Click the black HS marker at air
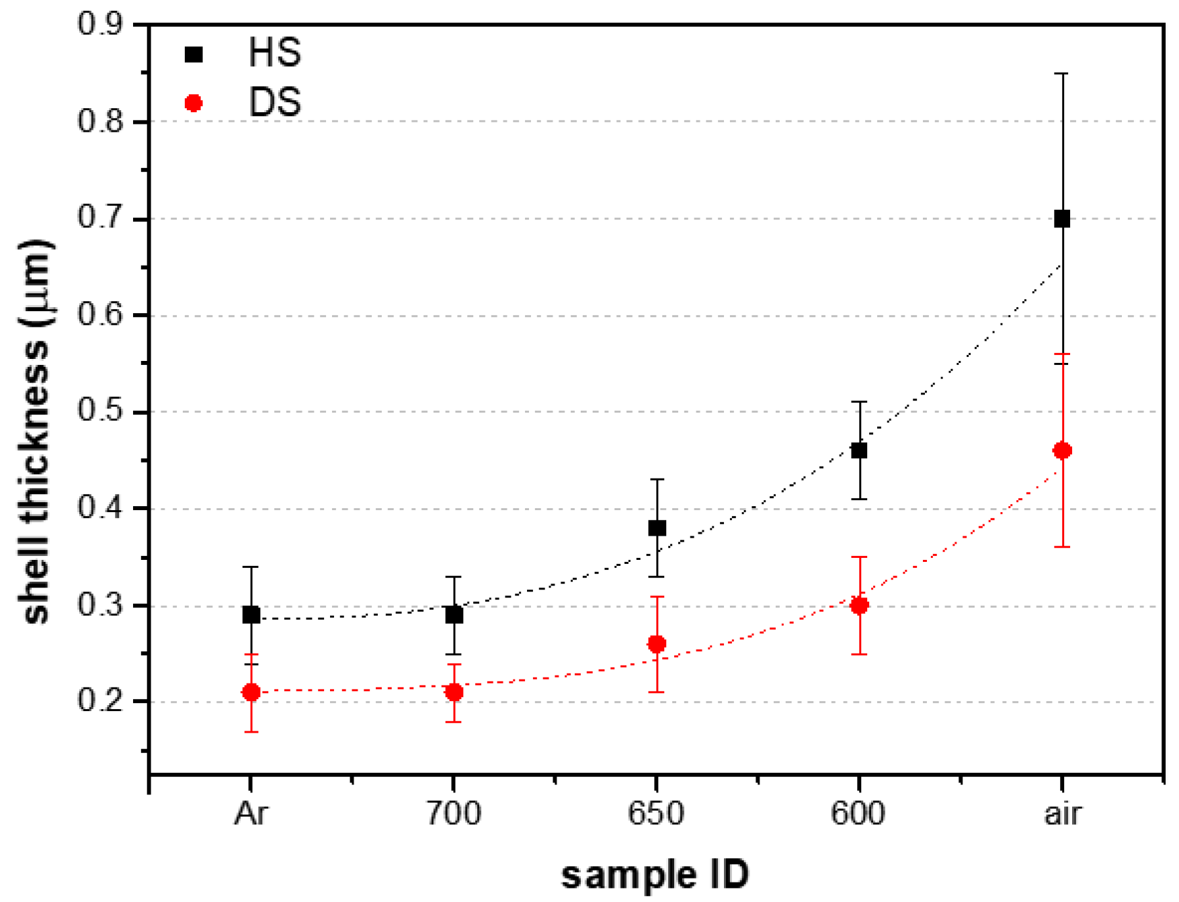coord(1061,218)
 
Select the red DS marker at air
coord(1061,450)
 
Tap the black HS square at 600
coord(858,450)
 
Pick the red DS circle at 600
coord(858,605)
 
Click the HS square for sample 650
coord(657,528)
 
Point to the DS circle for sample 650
coord(657,644)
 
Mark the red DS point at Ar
coord(251,692)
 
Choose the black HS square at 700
coord(454,614)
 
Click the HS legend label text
coord(274,53)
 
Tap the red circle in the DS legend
coord(194,103)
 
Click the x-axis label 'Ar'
coord(251,814)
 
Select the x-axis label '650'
coord(655,814)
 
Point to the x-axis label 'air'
coord(1062,814)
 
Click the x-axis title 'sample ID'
coord(655,875)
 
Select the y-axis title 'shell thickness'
coord(37,430)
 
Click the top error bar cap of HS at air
coord(1061,73)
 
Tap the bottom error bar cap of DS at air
coord(1061,547)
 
